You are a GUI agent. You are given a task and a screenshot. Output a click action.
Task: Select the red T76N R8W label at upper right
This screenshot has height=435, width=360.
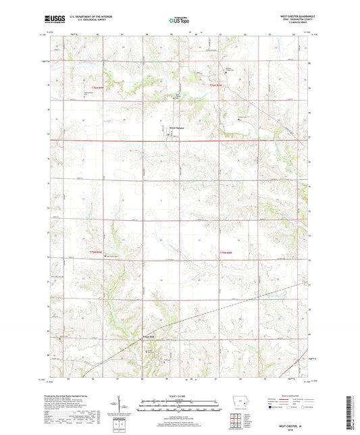[217, 86]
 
